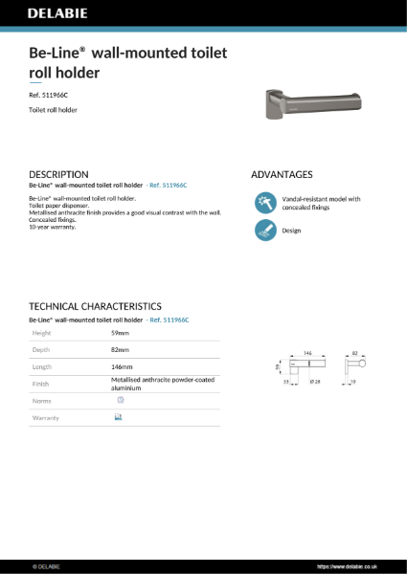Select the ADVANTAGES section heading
point(282,174)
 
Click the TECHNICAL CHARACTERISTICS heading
point(101,306)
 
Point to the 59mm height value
point(120,332)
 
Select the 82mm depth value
point(120,349)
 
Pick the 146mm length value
point(122,366)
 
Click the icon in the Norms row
point(120,400)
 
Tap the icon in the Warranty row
point(119,418)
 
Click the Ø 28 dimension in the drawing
point(316,381)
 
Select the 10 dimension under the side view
point(368,381)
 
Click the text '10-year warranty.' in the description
point(54,228)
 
